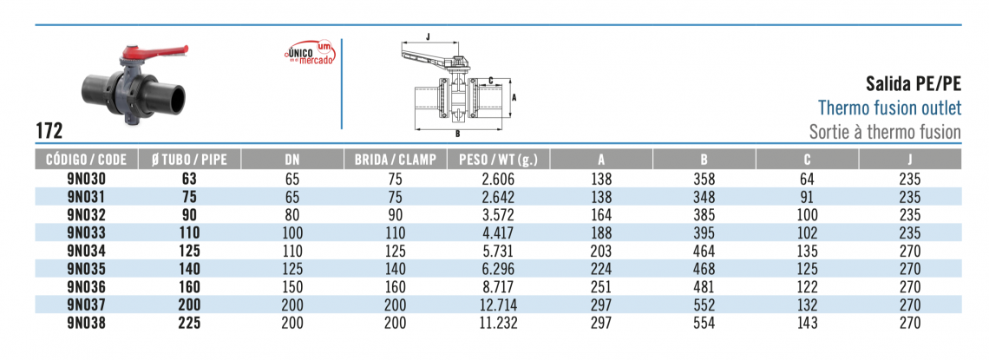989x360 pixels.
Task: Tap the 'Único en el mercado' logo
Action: coord(309,53)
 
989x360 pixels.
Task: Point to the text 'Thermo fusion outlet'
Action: coord(889,108)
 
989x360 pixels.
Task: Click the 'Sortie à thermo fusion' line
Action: coord(885,132)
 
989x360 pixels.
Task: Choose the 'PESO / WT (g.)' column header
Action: coord(498,160)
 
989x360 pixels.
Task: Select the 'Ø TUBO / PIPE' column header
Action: coord(189,160)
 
